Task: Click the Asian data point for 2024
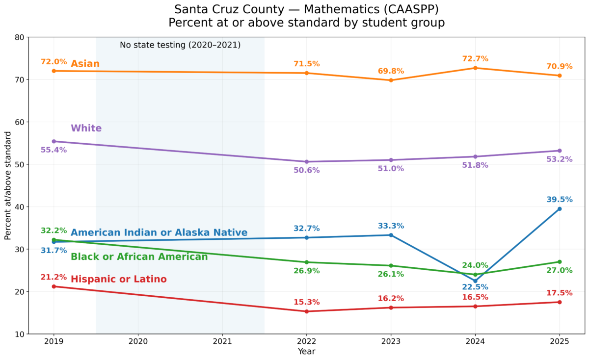pyautogui.click(x=475, y=68)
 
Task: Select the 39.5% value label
pyautogui.click(x=559, y=200)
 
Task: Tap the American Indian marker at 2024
pyautogui.click(x=475, y=281)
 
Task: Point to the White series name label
pyautogui.click(x=86, y=129)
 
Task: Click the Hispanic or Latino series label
pyautogui.click(x=119, y=280)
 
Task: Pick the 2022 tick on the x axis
pyautogui.click(x=307, y=340)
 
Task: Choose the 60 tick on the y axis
pyautogui.click(x=20, y=122)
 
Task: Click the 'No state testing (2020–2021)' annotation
pyautogui.click(x=180, y=45)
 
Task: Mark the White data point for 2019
pyautogui.click(x=54, y=141)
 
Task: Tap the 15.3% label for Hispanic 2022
pyautogui.click(x=307, y=302)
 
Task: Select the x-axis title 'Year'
pyautogui.click(x=307, y=351)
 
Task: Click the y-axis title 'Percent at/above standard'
pyautogui.click(x=8, y=185)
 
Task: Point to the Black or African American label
pyautogui.click(x=139, y=257)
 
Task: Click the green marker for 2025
pyautogui.click(x=560, y=262)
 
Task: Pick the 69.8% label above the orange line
pyautogui.click(x=391, y=71)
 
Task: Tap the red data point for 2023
pyautogui.click(x=391, y=308)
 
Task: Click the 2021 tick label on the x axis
pyautogui.click(x=222, y=340)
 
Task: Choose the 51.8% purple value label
pyautogui.click(x=475, y=165)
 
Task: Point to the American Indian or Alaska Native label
pyautogui.click(x=159, y=233)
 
